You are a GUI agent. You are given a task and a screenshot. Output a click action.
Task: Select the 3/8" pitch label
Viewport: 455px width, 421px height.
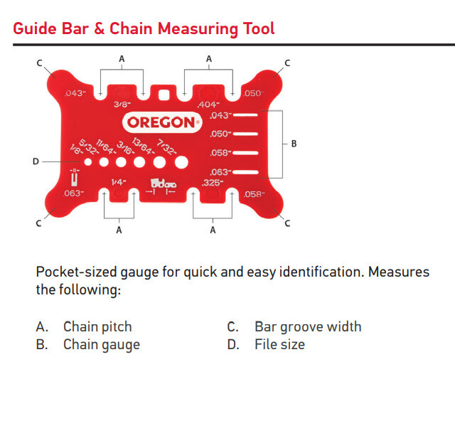pos(122,105)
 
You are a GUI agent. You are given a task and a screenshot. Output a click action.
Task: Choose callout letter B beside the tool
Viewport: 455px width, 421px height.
pos(294,144)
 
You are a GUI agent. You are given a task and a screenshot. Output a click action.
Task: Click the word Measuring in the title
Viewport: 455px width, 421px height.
pos(202,29)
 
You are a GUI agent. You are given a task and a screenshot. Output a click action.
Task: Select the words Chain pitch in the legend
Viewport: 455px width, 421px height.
pos(97,327)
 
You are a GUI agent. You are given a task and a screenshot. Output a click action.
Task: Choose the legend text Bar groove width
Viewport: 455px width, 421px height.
pos(308,327)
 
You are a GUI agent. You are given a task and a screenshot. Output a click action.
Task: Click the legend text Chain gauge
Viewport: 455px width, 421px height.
pos(102,345)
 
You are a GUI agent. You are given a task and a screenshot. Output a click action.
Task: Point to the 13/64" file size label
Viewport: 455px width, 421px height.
pos(141,144)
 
